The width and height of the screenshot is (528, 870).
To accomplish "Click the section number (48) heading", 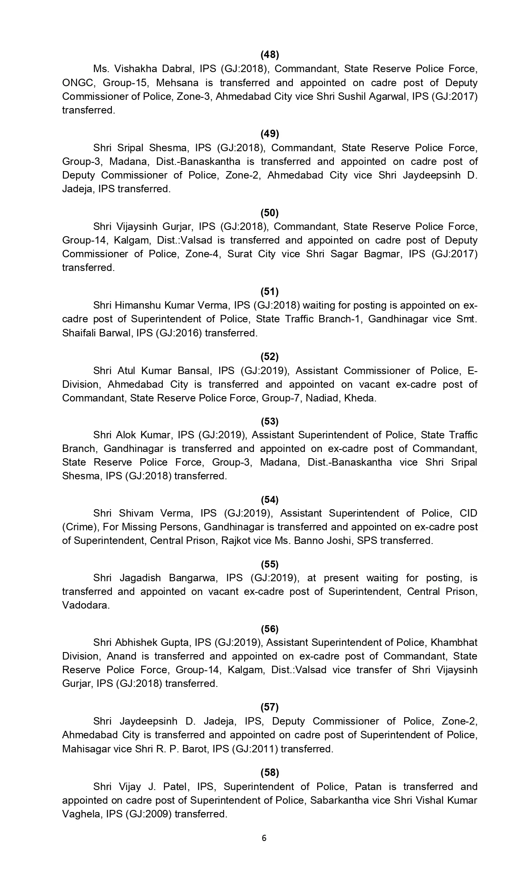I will [269, 55].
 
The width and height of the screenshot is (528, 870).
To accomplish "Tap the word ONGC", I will [77, 82].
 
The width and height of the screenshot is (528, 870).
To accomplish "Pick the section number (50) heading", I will [269, 213].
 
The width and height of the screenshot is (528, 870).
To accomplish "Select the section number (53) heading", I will [269, 421].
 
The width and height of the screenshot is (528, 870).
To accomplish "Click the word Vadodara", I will [86, 605].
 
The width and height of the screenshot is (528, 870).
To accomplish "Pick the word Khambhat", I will [454, 643].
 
